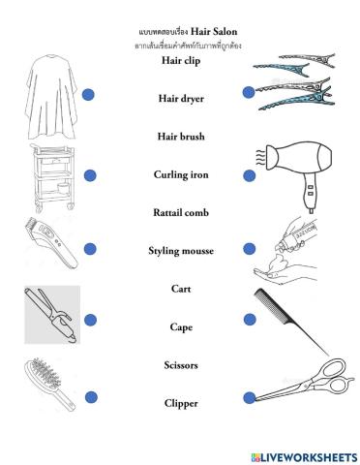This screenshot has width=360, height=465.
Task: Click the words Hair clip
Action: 180,59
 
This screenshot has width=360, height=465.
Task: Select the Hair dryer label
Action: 180,98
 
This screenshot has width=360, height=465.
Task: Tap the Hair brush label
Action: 180,137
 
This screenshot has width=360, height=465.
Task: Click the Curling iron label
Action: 180,174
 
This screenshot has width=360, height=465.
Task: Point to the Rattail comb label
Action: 180,212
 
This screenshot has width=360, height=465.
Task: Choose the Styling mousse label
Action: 180,251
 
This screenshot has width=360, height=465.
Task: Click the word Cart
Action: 180,289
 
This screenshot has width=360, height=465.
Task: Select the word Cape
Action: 180,327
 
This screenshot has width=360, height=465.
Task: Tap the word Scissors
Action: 180,365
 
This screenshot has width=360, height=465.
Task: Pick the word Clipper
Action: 180,403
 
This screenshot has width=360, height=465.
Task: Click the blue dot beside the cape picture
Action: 89,94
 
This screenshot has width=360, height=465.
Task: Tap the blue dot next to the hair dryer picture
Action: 249,175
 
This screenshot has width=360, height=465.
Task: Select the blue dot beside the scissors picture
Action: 249,396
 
